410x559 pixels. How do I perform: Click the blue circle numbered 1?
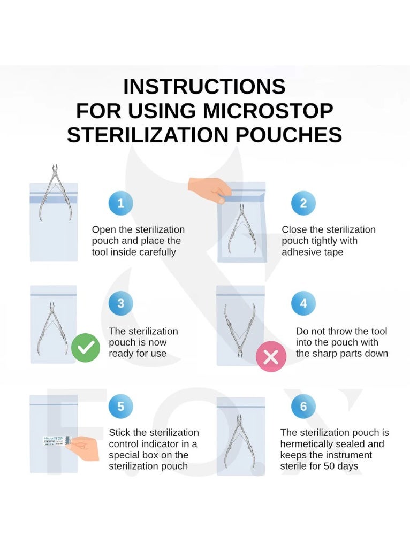(120, 203)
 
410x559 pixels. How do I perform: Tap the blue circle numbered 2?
(303, 203)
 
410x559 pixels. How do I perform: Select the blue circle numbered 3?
(120, 304)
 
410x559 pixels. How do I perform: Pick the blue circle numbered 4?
(303, 304)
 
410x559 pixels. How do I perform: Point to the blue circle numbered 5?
(120, 407)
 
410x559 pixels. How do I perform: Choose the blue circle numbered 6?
(303, 407)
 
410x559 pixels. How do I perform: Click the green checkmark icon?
(86, 348)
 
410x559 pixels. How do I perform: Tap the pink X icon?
(271, 357)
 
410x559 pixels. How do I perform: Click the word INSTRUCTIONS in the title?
(204, 87)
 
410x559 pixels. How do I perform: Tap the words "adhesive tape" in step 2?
(312, 252)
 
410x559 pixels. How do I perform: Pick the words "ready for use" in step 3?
(138, 354)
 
